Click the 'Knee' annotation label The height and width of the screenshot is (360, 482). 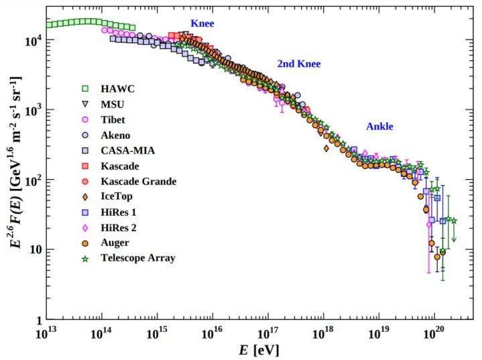click(202, 23)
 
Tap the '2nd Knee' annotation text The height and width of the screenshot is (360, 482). click(299, 64)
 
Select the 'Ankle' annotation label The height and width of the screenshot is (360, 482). click(379, 126)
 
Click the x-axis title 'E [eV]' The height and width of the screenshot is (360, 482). click(258, 350)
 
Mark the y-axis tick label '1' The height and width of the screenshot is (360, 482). click(40, 319)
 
